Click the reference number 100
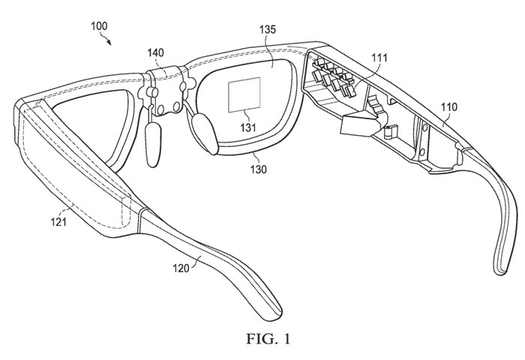99,26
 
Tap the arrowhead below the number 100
109,42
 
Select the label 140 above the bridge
156,52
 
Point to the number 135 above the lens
268,29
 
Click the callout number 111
379,58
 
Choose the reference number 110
448,107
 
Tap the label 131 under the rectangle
247,127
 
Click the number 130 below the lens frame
258,169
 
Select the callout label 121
58,222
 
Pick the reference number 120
181,268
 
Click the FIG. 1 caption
268,338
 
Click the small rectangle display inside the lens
244,94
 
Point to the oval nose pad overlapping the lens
205,133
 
